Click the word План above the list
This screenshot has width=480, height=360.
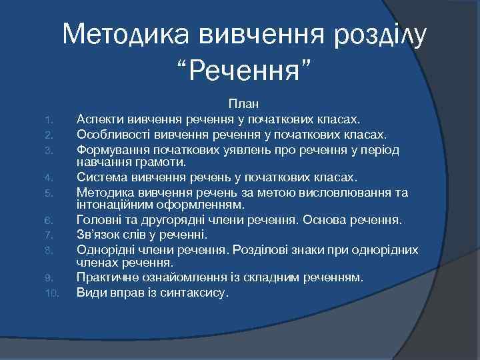[x=244, y=105]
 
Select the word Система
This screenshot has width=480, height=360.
[x=100, y=177]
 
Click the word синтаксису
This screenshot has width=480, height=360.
[x=199, y=292]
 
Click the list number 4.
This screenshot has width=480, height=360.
[x=48, y=179]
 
